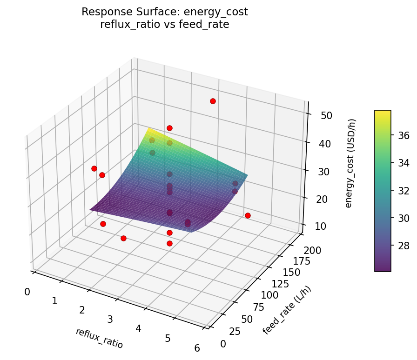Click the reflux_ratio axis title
(99, 338)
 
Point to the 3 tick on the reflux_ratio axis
(110, 319)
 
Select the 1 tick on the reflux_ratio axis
(54, 301)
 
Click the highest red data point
(213, 101)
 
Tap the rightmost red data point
(248, 215)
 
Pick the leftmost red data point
(94, 168)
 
